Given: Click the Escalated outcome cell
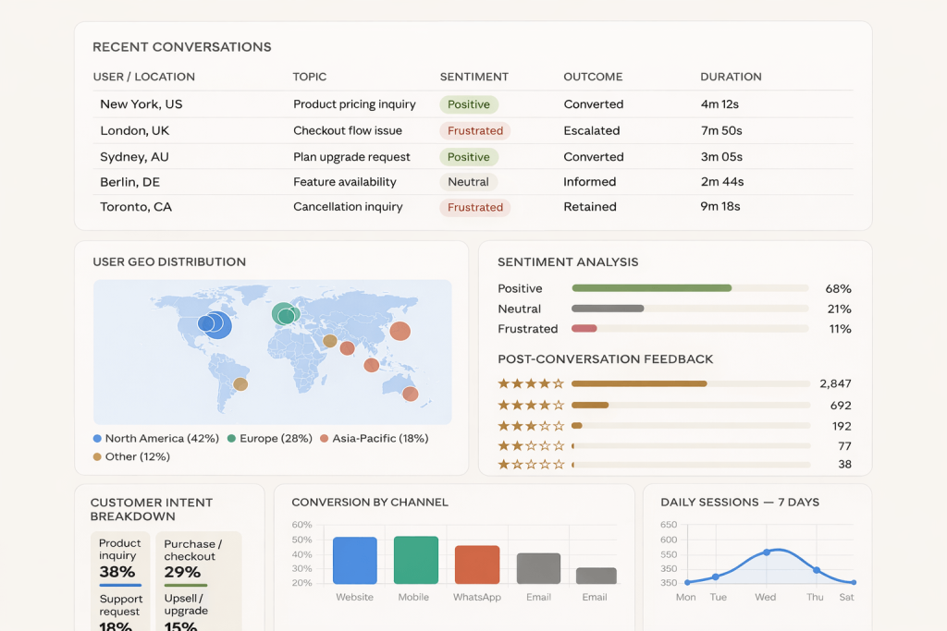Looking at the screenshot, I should (592, 130).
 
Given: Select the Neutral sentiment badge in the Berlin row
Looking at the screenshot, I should (468, 182).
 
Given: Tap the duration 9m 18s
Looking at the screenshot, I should (720, 207).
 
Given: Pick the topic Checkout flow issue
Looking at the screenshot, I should (348, 130).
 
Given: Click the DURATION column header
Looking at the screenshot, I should (731, 77).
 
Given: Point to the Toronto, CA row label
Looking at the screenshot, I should (136, 207).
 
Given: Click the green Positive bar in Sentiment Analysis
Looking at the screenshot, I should (651, 288).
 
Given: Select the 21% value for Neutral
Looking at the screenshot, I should (839, 309).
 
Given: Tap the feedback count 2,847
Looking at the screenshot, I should (834, 383).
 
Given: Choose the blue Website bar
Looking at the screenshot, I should (355, 560).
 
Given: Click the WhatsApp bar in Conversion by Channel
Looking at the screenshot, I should (477, 564).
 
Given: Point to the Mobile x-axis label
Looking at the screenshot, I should (413, 597).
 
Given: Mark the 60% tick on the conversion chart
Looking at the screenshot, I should (301, 525).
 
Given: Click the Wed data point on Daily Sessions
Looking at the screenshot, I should (766, 552).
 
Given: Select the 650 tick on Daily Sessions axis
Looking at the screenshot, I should (669, 525).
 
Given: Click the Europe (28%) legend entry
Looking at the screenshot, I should (270, 439).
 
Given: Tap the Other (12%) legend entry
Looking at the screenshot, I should (131, 456).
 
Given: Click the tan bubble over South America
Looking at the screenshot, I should (240, 383).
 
